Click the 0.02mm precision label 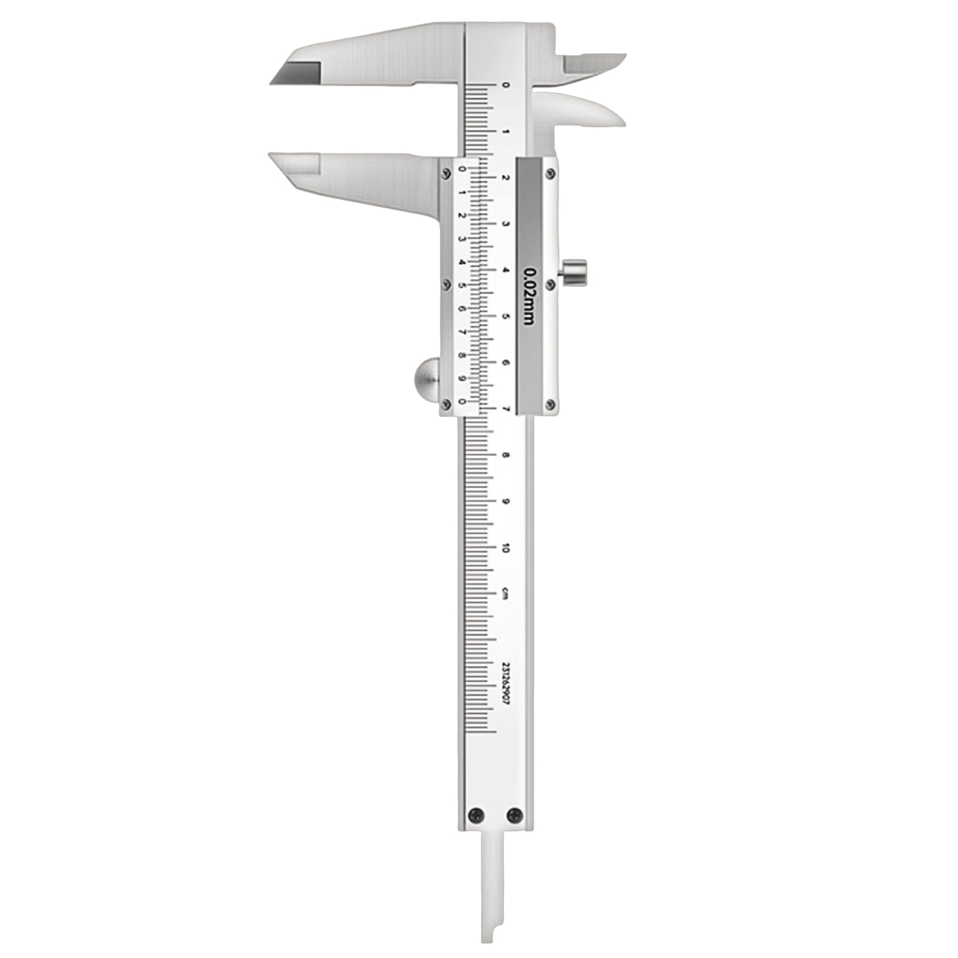529,296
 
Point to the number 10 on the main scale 506,548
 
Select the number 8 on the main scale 506,455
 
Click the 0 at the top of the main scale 506,85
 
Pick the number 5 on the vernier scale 462,285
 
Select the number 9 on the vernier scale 462,378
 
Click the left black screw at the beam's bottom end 477,814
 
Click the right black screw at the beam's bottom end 514,814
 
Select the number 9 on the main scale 506,501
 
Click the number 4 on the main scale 506,271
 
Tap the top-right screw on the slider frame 550,174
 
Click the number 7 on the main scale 506,410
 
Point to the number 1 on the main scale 506,131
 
